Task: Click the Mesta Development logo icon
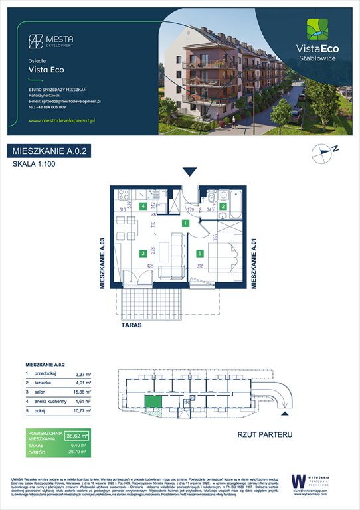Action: tap(35, 41)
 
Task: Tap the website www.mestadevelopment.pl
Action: tap(64, 120)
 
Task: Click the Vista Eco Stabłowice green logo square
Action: tap(317, 30)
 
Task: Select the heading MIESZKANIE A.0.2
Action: tap(50, 151)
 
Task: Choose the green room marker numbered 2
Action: tap(224, 207)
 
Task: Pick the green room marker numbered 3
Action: tap(143, 252)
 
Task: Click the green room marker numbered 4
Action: tap(144, 206)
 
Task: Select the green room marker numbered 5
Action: tap(200, 252)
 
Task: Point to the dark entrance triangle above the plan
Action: tap(189, 173)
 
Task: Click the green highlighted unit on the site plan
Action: tap(153, 400)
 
